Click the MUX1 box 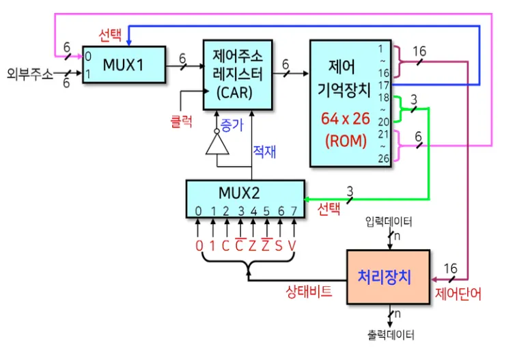point(123,65)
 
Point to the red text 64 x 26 point(345,118)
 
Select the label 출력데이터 point(390,335)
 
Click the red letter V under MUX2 point(292,245)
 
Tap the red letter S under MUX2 point(279,245)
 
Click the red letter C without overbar point(225,245)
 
